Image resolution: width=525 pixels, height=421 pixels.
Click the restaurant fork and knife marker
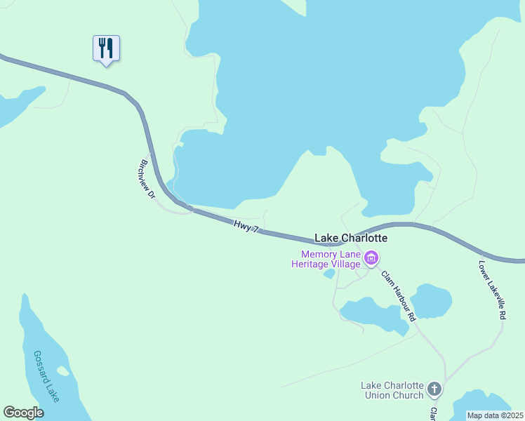tap(106, 48)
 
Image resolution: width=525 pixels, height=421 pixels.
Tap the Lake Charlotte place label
tap(350, 239)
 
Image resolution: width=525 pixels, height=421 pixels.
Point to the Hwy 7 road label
tap(246, 226)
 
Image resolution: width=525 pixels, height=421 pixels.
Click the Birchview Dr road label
tap(147, 179)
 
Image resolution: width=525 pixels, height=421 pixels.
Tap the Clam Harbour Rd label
tap(395, 295)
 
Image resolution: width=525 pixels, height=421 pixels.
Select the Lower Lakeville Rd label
tap(492, 291)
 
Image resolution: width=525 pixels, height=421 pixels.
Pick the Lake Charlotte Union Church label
tap(392, 390)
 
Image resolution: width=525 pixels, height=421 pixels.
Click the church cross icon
tap(434, 389)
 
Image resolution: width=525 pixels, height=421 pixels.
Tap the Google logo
tap(23, 413)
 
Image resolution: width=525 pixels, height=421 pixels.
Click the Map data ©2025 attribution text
tap(495, 415)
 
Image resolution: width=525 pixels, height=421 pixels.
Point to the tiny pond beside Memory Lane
tap(328, 274)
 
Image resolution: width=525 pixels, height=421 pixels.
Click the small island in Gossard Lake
tap(63, 370)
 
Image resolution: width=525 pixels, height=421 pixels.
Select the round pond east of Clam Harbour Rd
tap(430, 300)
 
